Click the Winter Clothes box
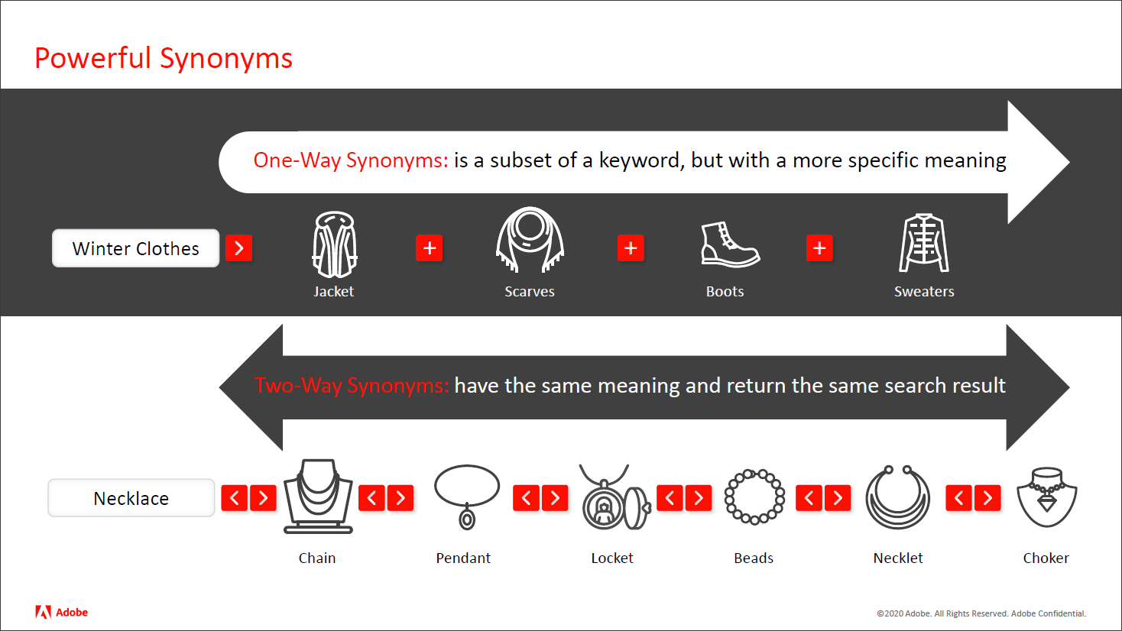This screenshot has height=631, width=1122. coord(136,248)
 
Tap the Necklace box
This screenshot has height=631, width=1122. coord(131,498)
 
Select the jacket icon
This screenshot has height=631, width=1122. coord(335,244)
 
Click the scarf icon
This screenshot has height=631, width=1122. coord(530,239)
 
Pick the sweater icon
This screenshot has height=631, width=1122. coord(924,244)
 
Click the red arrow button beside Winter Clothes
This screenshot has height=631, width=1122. coord(239,248)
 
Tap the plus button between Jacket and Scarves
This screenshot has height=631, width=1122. coord(430,248)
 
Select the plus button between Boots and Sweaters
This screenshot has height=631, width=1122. coord(819,248)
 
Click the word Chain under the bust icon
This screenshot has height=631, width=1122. coord(317,558)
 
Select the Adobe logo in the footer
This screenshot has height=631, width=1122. coord(61,612)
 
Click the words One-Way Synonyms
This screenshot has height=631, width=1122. coord(351,160)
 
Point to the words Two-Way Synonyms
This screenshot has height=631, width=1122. coord(352,386)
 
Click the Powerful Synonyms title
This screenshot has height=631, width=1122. coord(164,58)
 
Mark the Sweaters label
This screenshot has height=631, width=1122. coord(924,292)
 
